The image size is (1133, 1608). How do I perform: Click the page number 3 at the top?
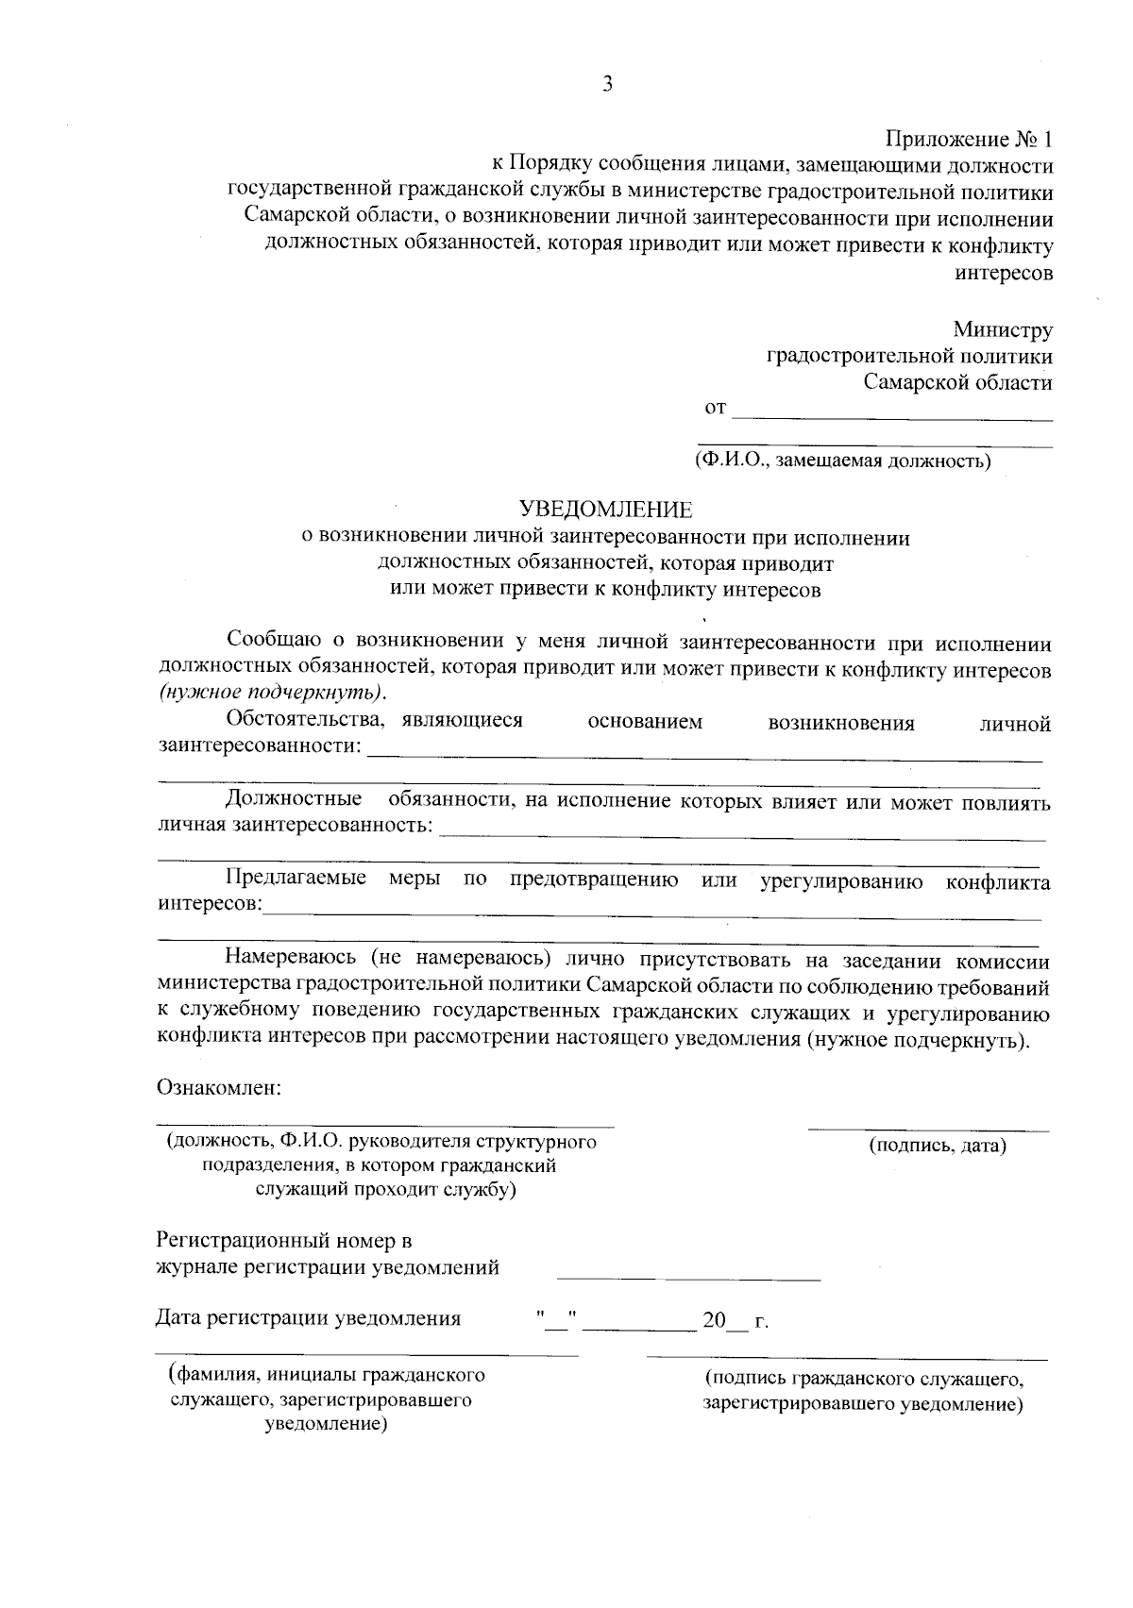click(x=608, y=84)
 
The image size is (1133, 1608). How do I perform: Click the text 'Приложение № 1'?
click(x=968, y=140)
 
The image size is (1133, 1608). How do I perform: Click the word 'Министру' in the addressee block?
click(x=1002, y=330)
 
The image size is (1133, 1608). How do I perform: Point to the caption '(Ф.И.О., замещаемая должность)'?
click(x=841, y=461)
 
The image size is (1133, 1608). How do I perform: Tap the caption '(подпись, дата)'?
click(x=937, y=1146)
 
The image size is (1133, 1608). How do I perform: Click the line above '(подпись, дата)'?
click(x=928, y=1130)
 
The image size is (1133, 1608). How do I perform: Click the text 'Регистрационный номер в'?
click(x=283, y=1240)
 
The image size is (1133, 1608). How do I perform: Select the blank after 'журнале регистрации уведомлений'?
click(x=688, y=1278)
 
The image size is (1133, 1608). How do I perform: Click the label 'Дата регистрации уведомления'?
click(x=308, y=1318)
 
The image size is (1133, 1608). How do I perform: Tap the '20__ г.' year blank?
click(x=735, y=1320)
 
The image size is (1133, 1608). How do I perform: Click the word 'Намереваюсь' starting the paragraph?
click(x=292, y=960)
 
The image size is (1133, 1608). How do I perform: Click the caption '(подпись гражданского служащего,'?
click(x=863, y=1379)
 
